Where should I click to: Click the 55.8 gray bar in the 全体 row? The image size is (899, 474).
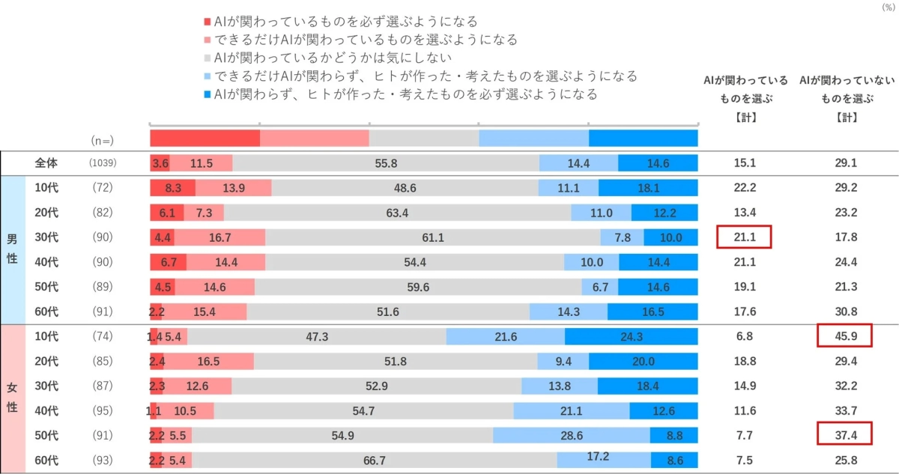tap(386, 163)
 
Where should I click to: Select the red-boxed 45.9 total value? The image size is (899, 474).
tap(844, 337)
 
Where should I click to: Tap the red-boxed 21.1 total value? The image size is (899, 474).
tap(744, 237)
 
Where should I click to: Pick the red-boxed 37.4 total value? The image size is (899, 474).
tap(844, 436)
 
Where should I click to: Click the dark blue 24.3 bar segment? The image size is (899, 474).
tap(631, 337)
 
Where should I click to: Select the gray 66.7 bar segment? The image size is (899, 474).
tap(374, 461)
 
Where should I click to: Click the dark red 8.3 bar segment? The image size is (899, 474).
tap(172, 188)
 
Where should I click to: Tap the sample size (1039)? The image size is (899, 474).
tap(102, 163)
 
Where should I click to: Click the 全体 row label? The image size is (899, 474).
tap(46, 163)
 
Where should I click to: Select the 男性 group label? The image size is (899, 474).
tap(12, 250)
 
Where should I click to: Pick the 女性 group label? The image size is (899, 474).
tap(12, 398)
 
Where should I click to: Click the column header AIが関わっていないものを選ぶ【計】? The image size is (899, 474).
tap(844, 98)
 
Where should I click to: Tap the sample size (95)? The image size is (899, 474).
tap(102, 411)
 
